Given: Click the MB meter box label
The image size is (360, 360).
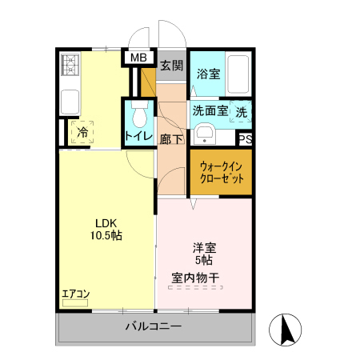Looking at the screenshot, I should [138, 58].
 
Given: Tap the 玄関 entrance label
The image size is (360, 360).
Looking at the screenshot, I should [170, 66].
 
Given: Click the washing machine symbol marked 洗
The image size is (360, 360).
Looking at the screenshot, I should [242, 113].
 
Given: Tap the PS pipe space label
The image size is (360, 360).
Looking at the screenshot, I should [246, 138].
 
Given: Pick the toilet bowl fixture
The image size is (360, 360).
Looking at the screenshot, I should [140, 115].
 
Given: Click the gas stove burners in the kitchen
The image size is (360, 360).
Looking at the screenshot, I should [69, 63].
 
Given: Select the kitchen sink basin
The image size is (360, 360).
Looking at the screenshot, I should [70, 102].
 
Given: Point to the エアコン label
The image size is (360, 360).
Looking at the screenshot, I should [75, 294].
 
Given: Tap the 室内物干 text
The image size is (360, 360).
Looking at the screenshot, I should [195, 278].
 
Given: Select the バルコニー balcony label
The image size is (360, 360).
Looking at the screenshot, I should [154, 327].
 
